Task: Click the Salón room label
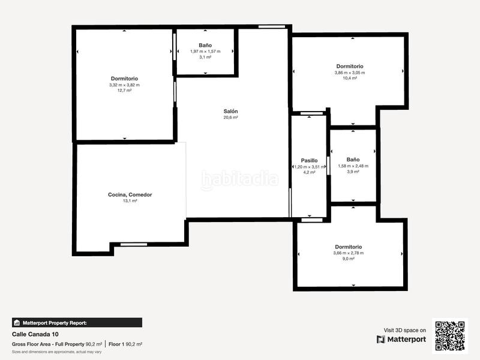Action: coord(231,111)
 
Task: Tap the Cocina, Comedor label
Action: coord(130,194)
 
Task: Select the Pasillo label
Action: coord(309,160)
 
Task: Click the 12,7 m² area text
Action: coord(124,91)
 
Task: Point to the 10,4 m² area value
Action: coord(350,78)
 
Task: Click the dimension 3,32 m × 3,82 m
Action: coord(124,85)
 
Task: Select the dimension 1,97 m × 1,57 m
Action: coord(205,51)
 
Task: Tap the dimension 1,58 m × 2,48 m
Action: coord(353,166)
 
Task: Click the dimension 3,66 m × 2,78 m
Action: coord(349,253)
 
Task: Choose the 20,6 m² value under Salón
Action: coord(231,118)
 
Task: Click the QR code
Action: coord(450,335)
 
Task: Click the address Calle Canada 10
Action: coord(35,334)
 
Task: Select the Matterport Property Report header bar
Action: coord(77,323)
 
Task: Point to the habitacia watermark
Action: coord(240,179)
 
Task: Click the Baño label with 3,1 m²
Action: coord(205,45)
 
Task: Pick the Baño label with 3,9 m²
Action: coord(353,160)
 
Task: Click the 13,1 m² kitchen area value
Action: coord(130,201)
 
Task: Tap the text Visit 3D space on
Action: coord(405,330)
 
